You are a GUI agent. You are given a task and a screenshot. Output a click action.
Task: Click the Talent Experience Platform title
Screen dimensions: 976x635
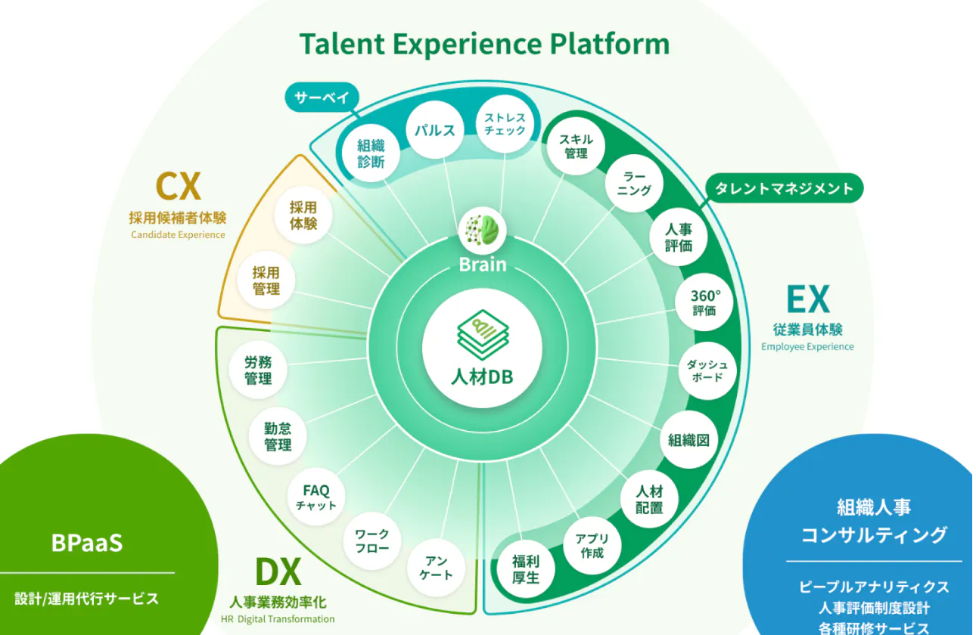(x=484, y=44)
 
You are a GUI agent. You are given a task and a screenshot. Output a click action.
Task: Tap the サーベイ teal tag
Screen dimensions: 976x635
(x=322, y=97)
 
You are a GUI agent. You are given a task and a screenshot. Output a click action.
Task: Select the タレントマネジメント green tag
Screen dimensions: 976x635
(x=785, y=188)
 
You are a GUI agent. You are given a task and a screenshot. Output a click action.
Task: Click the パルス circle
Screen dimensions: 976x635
(x=434, y=130)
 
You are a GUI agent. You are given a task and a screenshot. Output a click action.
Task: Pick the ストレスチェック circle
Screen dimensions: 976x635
(x=505, y=124)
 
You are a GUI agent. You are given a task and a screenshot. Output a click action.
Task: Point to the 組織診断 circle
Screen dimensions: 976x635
(x=371, y=153)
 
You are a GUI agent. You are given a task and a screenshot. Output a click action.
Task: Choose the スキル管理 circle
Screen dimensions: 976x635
(x=576, y=146)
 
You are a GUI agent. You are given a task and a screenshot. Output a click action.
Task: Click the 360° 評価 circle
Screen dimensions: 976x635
(x=704, y=302)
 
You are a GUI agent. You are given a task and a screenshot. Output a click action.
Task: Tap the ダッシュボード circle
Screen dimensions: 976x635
(x=707, y=371)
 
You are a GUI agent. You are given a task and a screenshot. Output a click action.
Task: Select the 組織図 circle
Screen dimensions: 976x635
(x=688, y=439)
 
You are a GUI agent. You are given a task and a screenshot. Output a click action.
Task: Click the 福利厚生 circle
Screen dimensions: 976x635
(x=526, y=568)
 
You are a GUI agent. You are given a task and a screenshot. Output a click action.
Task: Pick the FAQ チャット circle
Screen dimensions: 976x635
(x=316, y=497)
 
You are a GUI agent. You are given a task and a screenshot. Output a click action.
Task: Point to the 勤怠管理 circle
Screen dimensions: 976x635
(x=278, y=436)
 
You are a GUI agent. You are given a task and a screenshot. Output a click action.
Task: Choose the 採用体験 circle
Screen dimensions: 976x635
(x=303, y=215)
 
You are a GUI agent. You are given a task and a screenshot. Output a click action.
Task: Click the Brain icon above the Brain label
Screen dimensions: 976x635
(x=483, y=231)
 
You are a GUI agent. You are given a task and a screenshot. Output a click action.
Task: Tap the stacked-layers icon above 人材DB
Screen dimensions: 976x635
(x=483, y=335)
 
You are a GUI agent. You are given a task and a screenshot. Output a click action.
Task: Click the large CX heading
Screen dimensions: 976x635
(x=179, y=186)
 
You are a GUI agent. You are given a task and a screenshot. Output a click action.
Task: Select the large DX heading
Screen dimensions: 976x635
(x=278, y=572)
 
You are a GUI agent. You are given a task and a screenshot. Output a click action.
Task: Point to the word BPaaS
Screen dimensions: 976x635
(x=87, y=543)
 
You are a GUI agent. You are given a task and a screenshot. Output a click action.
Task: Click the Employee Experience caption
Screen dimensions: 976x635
(x=807, y=346)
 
